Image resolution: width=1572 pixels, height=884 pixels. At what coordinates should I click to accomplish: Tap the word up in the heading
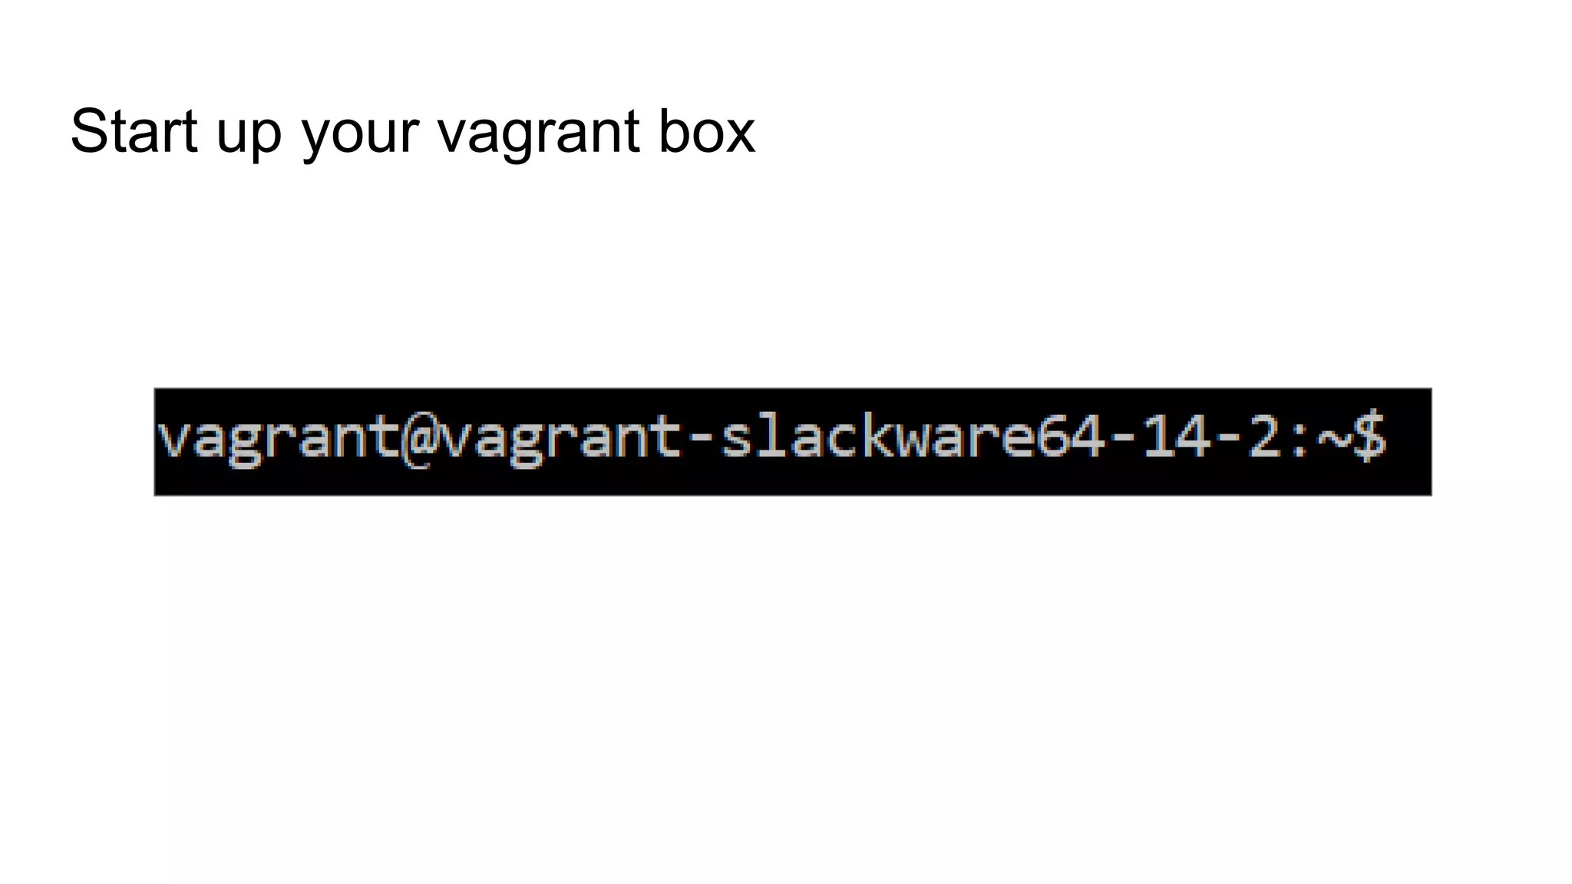(249, 134)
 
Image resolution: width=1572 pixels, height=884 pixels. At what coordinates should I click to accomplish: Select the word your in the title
(360, 134)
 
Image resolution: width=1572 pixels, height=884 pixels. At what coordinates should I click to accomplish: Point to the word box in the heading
(706, 131)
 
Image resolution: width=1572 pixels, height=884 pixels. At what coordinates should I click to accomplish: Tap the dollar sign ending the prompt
(1369, 438)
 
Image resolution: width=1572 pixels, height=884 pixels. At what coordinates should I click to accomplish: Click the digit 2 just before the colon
(1263, 438)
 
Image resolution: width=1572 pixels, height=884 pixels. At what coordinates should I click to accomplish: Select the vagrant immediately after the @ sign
(560, 440)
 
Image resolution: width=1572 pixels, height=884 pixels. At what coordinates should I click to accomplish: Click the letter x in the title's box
(740, 134)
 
